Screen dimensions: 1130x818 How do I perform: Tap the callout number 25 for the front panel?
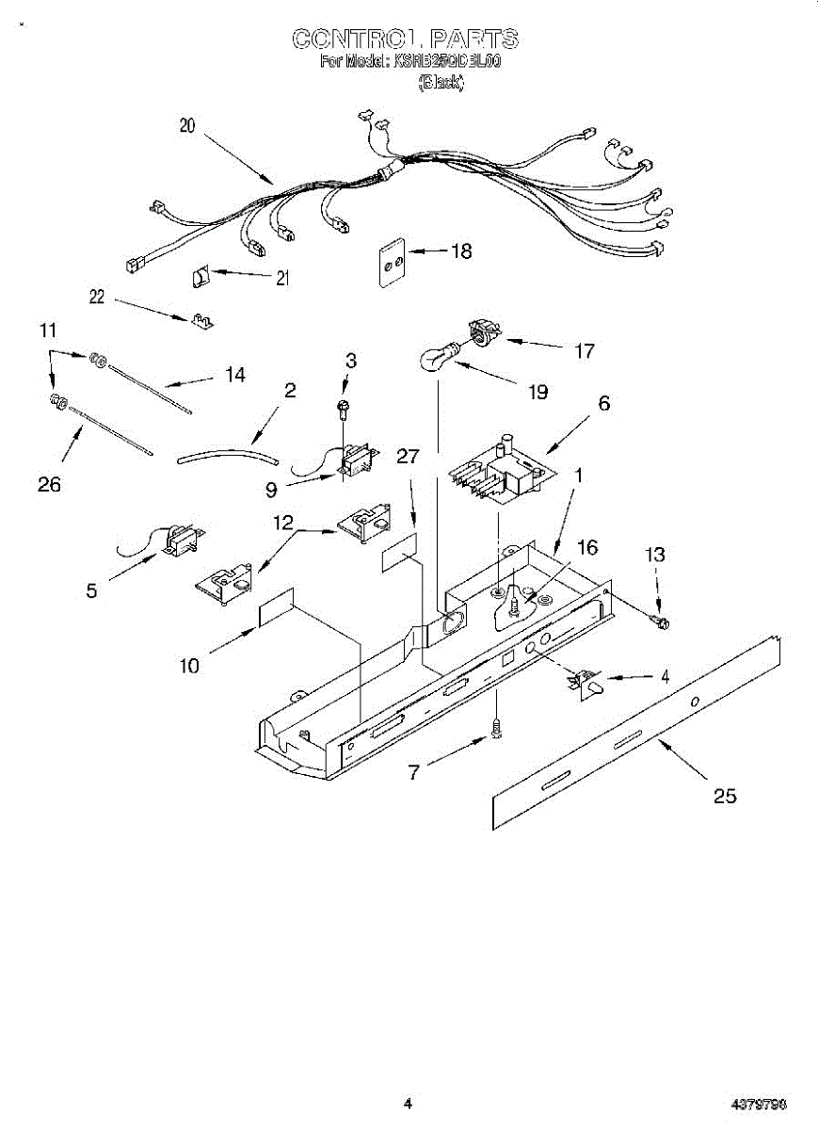pyautogui.click(x=724, y=797)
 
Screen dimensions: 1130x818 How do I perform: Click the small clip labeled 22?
pyautogui.click(x=200, y=320)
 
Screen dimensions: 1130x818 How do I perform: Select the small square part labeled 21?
pyautogui.click(x=199, y=277)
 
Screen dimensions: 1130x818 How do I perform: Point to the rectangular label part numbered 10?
pyautogui.click(x=276, y=608)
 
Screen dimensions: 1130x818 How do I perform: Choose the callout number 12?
pyautogui.click(x=283, y=522)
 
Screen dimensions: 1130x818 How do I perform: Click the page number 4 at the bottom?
pyautogui.click(x=408, y=1103)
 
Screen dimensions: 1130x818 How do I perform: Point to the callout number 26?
pyautogui.click(x=49, y=484)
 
